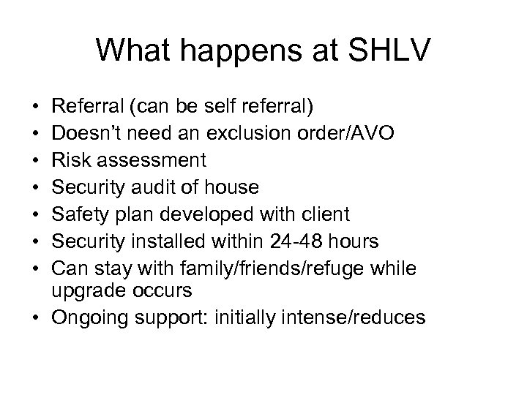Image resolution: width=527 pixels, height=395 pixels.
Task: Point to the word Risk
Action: [69, 160]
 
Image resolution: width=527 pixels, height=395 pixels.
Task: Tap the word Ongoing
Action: [89, 319]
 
